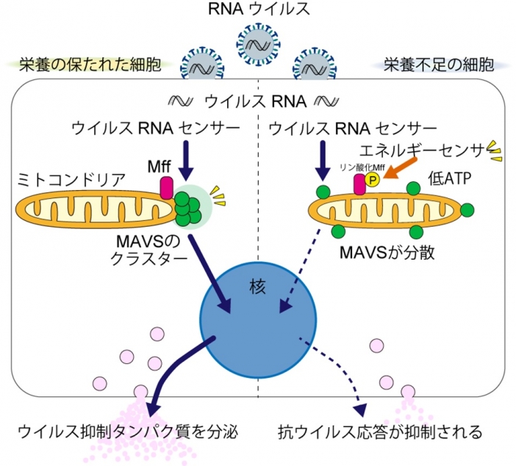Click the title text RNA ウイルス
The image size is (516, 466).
[x=258, y=10]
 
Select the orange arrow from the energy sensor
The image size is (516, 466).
[x=401, y=172]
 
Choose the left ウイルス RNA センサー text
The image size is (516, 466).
[x=155, y=128]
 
